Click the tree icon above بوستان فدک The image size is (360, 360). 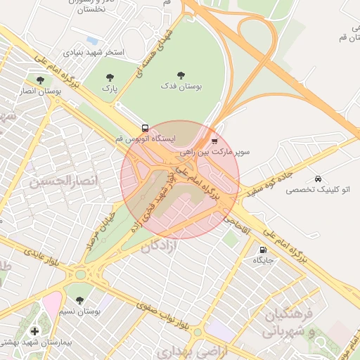(181, 74)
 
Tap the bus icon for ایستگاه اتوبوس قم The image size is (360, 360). (145, 129)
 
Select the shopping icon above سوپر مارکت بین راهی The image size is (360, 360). (214, 141)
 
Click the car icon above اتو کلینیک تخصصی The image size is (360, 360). (319, 179)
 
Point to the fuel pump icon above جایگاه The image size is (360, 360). (264, 250)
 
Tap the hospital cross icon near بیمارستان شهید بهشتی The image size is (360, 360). (34, 330)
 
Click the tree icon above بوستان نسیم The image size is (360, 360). (78, 300)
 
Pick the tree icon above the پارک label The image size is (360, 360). (109, 77)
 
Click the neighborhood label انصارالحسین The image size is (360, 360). (59, 181)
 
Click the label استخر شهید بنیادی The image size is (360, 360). (94, 52)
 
